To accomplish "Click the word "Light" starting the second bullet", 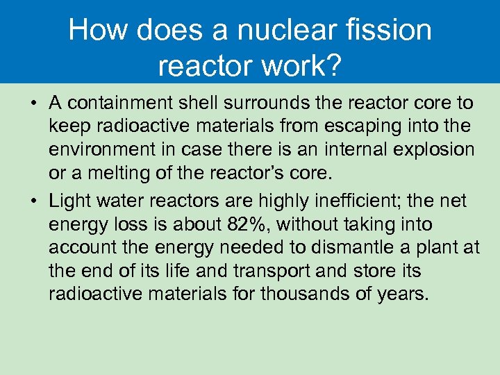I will [x=68, y=201].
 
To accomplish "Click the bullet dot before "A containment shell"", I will [x=34, y=104].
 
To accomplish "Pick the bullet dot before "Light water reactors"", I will [x=34, y=201].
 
